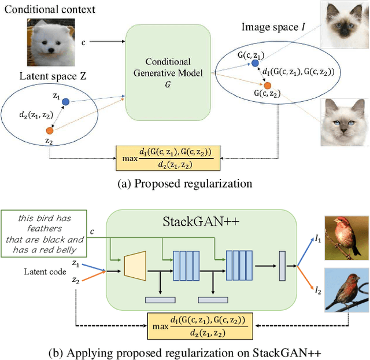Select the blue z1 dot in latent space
65,102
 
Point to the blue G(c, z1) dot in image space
255,63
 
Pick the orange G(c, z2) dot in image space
267,85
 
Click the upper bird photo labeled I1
345,237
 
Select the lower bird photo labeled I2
345,289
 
